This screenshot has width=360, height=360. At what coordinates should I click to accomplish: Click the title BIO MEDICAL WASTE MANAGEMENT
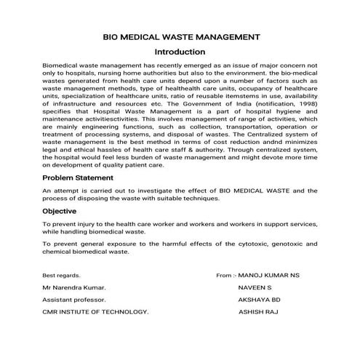point(180,36)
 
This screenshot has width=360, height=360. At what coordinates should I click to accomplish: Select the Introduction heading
point(180,52)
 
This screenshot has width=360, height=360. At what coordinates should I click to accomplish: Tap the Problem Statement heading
point(76,177)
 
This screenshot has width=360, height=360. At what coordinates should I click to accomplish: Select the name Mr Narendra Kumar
point(74,288)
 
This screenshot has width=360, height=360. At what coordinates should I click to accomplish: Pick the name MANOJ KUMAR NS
point(269,276)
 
